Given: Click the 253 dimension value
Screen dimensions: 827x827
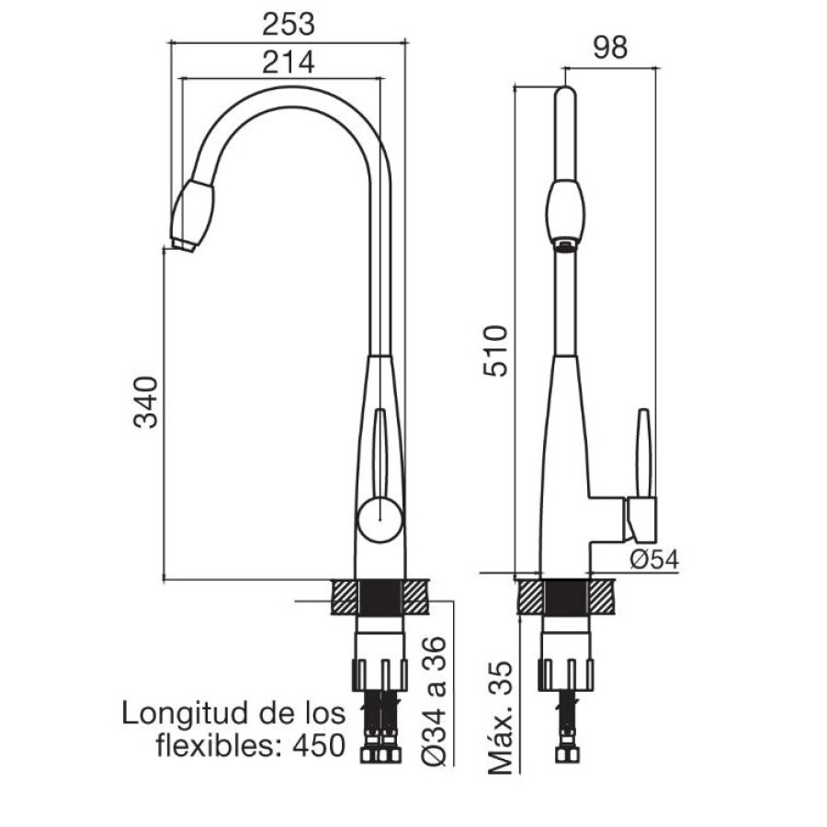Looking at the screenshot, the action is (288, 24).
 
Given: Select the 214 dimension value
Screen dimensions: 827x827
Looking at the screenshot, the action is (288, 62).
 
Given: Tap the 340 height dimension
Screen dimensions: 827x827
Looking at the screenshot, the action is (146, 402).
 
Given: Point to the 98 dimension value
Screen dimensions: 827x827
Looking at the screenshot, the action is (610, 48).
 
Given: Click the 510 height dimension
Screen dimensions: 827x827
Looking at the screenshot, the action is (496, 351).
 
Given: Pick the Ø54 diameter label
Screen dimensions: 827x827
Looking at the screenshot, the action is (654, 559).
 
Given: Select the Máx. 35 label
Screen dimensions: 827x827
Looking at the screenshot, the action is (501, 718).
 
